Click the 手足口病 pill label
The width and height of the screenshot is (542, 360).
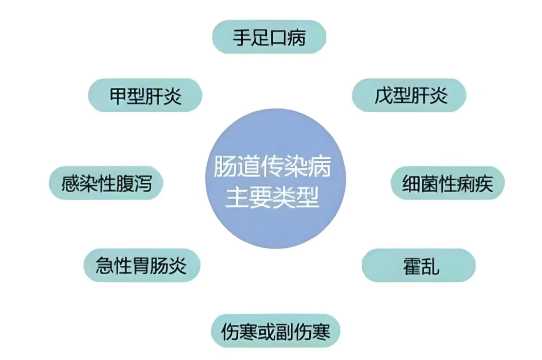click(269, 37)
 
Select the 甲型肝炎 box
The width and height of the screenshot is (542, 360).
click(145, 95)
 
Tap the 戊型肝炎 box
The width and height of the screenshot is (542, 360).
click(409, 95)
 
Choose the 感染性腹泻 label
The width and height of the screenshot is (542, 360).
click(106, 183)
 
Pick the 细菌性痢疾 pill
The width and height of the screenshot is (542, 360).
click(447, 183)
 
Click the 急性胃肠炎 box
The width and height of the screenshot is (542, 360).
click(142, 265)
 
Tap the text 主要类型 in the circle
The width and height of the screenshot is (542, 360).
click(272, 197)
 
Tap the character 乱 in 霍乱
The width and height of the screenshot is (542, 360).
click(429, 265)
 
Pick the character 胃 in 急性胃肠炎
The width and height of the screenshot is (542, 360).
click(142, 265)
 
